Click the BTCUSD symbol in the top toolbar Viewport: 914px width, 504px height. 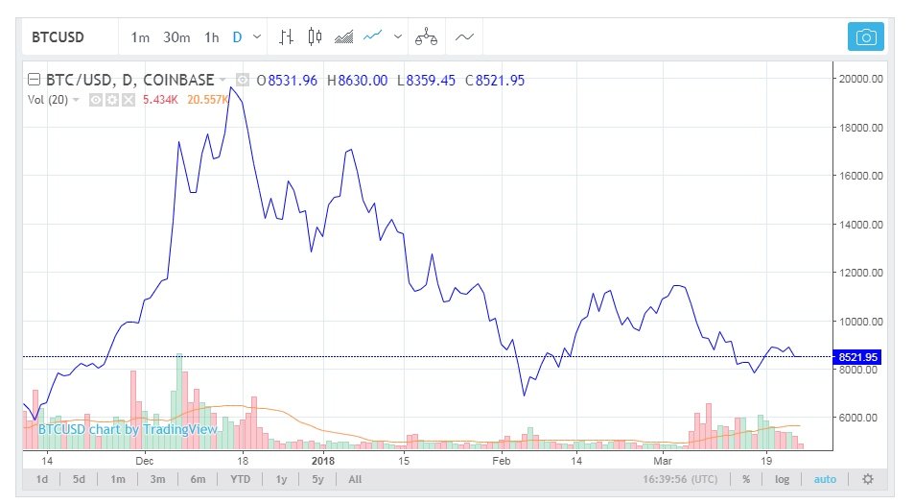click(x=59, y=37)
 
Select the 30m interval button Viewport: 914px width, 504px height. click(x=176, y=37)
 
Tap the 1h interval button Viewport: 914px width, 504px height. click(x=212, y=37)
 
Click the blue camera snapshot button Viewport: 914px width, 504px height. click(x=865, y=37)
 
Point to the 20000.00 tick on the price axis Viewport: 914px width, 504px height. click(x=858, y=78)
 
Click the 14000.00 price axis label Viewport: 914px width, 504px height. click(x=858, y=225)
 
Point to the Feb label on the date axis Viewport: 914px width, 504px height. click(x=501, y=460)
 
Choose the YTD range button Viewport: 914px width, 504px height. click(x=241, y=479)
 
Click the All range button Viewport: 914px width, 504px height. click(x=355, y=479)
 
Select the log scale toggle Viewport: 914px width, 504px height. click(x=783, y=479)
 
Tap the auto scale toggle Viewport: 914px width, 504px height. click(x=825, y=479)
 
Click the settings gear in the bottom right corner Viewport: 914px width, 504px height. click(x=868, y=479)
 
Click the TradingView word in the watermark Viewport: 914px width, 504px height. click(x=186, y=429)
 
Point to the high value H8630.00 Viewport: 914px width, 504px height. click(x=357, y=81)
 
